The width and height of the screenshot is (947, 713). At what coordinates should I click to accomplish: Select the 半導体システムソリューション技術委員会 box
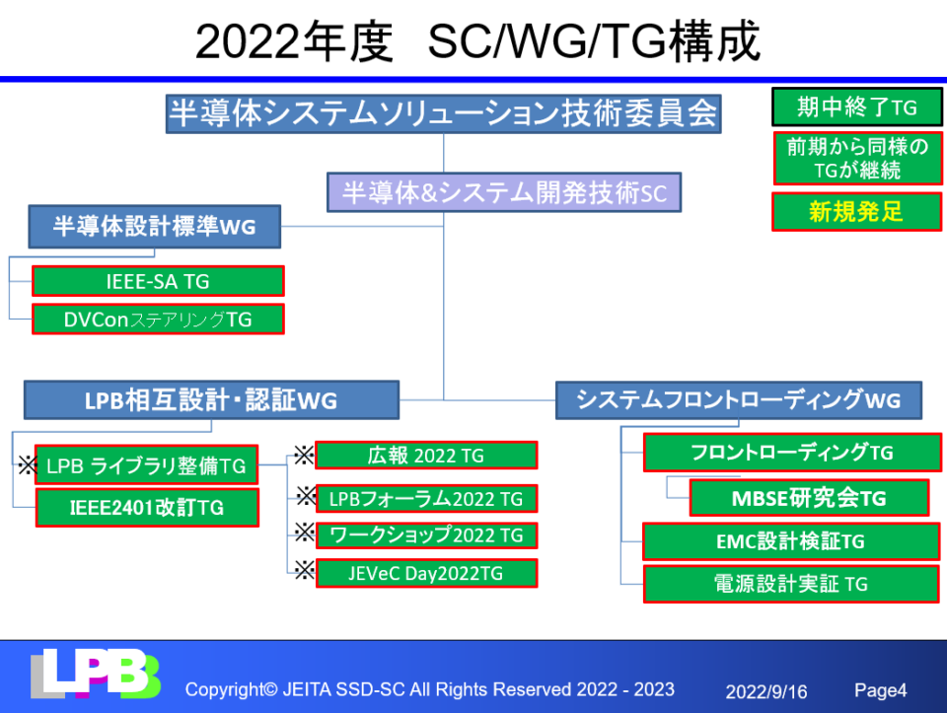(443, 113)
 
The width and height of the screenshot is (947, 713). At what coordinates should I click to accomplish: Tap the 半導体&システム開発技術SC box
(504, 192)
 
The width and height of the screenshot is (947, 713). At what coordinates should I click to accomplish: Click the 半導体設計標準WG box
(154, 227)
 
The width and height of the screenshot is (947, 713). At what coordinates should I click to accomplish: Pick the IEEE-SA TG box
(158, 281)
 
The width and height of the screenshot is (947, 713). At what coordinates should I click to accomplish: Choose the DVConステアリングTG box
(158, 320)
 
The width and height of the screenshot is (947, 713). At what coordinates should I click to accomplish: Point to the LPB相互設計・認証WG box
(211, 400)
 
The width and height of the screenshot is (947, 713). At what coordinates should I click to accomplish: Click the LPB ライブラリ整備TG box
(146, 463)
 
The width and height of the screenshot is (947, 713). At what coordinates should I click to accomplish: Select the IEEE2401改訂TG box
(147, 508)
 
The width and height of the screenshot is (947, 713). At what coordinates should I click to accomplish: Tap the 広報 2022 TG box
(426, 456)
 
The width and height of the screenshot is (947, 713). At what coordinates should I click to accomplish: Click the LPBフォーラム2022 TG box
(426, 499)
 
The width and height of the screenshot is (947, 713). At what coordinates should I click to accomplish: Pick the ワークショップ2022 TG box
(426, 535)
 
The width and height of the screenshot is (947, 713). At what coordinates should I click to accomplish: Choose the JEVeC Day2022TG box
(426, 573)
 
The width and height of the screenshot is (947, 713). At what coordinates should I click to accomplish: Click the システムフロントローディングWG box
(739, 400)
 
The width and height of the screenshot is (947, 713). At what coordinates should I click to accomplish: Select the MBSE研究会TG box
(809, 498)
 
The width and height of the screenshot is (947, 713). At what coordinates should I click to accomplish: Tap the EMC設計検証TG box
(791, 541)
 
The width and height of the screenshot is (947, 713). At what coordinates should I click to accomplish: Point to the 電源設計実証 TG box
(791, 584)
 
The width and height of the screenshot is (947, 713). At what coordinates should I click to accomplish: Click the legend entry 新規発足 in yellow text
(856, 211)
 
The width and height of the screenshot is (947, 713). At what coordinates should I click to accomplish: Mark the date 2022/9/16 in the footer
(766, 691)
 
